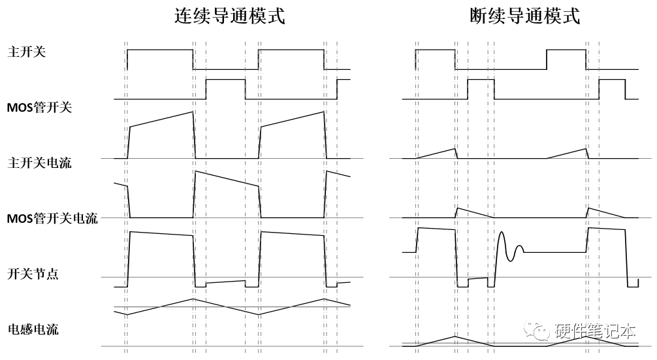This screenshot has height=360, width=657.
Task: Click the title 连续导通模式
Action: point(229,16)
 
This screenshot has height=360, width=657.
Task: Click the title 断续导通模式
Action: point(525,16)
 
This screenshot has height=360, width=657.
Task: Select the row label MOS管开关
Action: point(39,107)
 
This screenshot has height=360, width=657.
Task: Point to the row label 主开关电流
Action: point(39,162)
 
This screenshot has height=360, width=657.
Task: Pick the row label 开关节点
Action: point(33,274)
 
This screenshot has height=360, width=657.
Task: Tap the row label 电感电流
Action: point(33,329)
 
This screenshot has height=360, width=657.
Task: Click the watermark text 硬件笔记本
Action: point(594,331)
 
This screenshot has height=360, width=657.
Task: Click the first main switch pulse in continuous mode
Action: point(160,50)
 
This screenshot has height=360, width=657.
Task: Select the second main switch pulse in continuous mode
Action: point(291,50)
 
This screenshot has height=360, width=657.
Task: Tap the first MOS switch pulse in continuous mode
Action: point(225,80)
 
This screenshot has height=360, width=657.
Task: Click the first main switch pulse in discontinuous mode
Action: point(435,50)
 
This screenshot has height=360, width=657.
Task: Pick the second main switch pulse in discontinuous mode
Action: point(567,50)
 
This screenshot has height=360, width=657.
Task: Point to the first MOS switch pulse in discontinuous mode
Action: point(481,80)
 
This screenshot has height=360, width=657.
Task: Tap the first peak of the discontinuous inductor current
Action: point(456,336)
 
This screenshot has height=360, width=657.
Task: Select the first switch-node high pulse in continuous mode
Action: point(161,234)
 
